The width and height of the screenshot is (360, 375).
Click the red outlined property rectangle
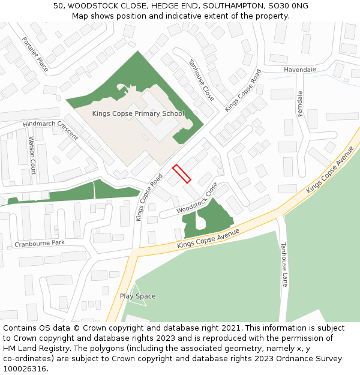tap(182, 173)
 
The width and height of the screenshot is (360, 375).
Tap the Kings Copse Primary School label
tap(138, 113)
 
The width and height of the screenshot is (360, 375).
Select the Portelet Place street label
tap(35, 54)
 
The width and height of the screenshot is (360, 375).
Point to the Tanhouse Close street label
tap(201, 80)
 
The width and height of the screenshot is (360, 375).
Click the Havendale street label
tap(300, 70)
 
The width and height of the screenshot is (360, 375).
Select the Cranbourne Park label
tap(40, 243)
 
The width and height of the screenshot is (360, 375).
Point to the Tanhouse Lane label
tap(284, 264)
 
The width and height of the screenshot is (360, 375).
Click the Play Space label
tap(137, 296)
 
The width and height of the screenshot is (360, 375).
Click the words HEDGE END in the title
tap(173, 6)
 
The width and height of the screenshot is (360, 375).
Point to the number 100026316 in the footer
tap(24, 368)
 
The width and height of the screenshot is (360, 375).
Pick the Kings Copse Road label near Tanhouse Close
tap(243, 91)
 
